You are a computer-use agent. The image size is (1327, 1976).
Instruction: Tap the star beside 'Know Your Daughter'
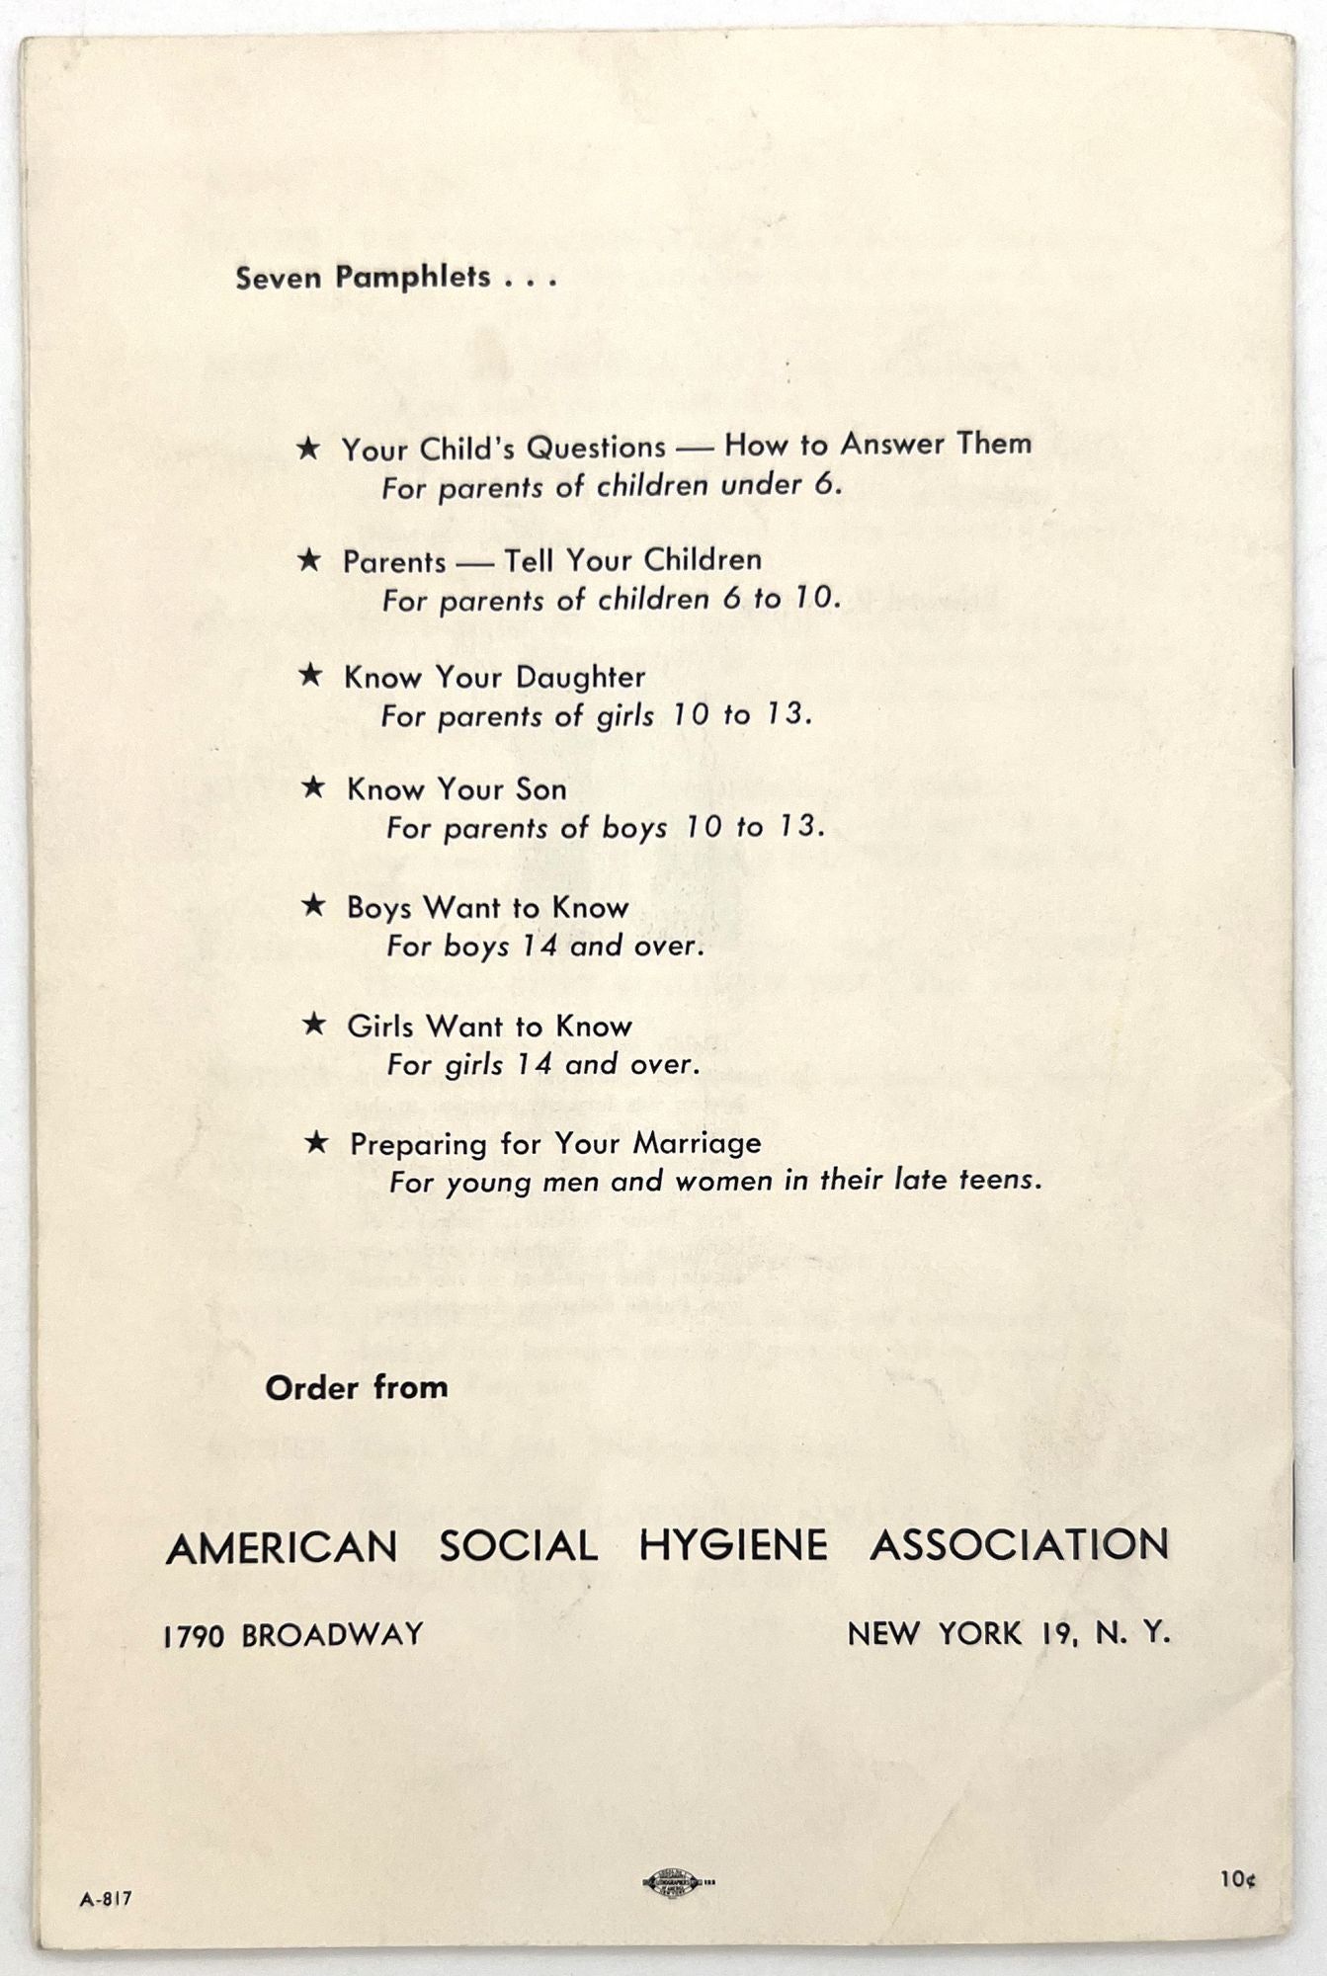(310, 675)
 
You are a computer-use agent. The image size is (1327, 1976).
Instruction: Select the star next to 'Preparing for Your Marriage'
(316, 1142)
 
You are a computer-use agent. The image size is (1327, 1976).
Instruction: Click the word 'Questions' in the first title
(596, 448)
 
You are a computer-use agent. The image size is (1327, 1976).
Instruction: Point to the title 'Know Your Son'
(456, 789)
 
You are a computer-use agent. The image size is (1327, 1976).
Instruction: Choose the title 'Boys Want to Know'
(487, 907)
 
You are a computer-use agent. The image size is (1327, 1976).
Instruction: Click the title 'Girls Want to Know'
(489, 1026)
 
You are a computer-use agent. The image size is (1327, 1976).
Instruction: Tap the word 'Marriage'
(697, 1143)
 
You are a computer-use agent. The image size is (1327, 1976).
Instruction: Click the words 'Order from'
(357, 1387)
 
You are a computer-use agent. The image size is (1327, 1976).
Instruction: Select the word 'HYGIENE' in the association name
(733, 1545)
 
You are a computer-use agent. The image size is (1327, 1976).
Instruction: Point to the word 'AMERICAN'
(282, 1547)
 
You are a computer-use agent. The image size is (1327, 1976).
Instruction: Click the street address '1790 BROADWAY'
(293, 1635)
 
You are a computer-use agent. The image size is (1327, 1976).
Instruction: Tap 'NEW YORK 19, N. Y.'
(1009, 1634)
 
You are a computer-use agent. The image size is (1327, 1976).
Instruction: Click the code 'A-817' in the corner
(106, 1898)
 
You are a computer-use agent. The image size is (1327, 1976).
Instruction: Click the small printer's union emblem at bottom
(672, 1883)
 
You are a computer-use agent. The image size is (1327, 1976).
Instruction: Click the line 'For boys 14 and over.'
(545, 947)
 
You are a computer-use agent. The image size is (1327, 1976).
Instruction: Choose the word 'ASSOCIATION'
(1020, 1545)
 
